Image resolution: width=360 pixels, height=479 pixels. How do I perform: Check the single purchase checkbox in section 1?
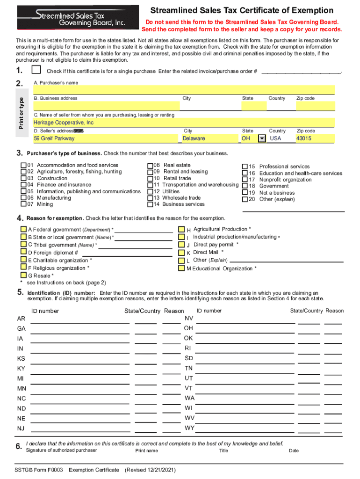(36, 70)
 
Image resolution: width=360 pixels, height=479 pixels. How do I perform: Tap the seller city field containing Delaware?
(209, 138)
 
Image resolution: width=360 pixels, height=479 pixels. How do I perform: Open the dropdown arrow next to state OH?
(262, 138)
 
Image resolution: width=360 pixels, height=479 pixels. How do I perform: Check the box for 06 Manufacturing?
(23, 198)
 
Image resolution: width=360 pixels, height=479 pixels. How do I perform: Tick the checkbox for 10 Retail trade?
(150, 178)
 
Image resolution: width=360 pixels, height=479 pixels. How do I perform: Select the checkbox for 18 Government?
(245, 186)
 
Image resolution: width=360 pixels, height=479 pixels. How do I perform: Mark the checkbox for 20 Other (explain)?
(245, 199)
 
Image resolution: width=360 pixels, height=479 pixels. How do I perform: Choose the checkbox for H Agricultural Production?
(181, 230)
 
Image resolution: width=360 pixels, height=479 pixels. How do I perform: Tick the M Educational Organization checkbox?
(181, 269)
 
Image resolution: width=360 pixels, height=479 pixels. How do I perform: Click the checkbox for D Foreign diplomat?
(23, 253)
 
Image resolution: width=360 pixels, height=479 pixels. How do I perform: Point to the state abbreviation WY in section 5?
(189, 428)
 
